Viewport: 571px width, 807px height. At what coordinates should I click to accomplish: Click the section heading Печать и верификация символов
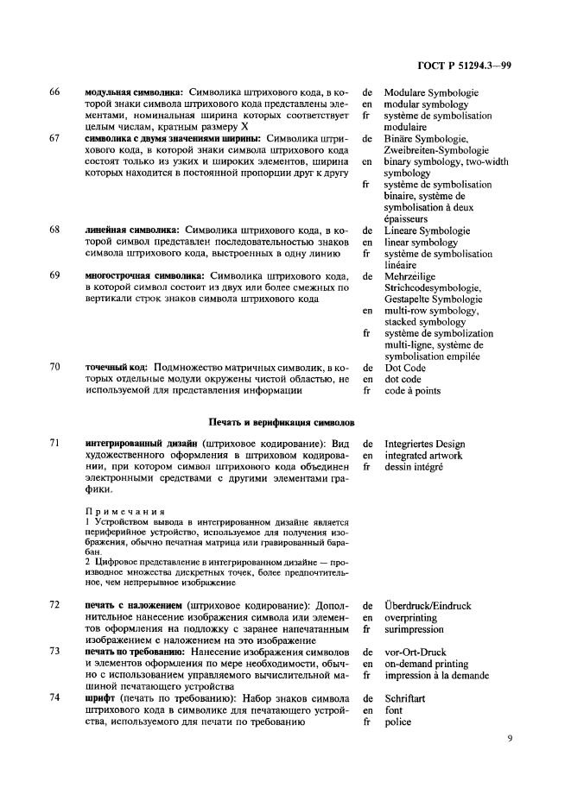click(x=282, y=421)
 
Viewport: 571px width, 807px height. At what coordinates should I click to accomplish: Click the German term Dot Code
click(x=405, y=367)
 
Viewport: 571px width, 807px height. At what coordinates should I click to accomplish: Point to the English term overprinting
click(x=411, y=618)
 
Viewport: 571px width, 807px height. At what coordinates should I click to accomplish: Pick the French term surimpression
click(x=415, y=630)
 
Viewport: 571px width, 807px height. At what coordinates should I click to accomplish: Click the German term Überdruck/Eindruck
click(x=428, y=606)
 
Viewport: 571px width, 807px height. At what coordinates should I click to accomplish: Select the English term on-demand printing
click(x=427, y=664)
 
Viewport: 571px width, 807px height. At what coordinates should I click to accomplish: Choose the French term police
click(x=398, y=722)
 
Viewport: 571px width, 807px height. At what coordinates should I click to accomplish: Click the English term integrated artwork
click(x=423, y=455)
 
